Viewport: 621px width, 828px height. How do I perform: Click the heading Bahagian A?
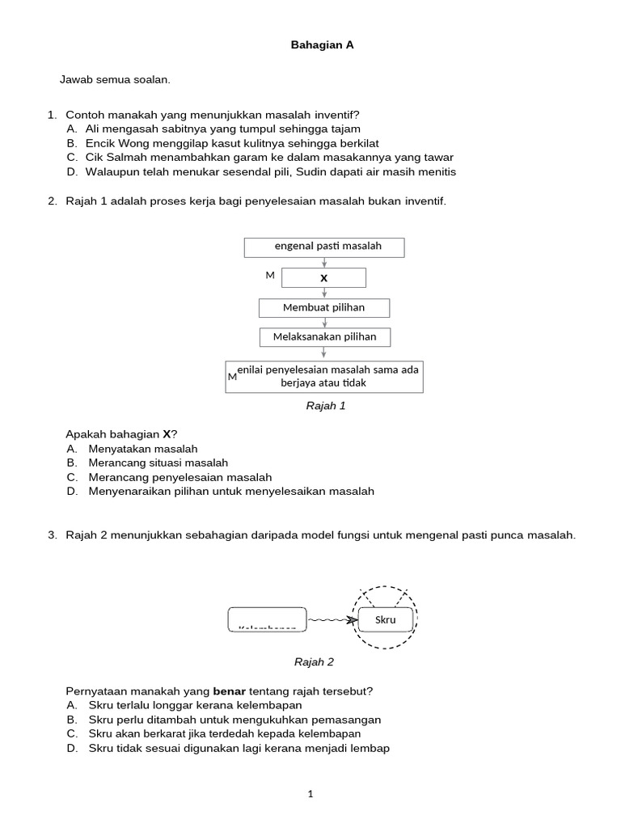(322, 46)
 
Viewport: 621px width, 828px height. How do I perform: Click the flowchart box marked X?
(324, 277)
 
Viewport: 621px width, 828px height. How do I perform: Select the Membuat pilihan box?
(324, 307)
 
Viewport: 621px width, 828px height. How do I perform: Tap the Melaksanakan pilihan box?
(324, 336)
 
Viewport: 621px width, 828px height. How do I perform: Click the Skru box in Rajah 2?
(387, 619)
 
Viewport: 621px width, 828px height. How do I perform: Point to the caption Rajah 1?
(325, 406)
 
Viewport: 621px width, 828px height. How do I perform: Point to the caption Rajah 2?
(314, 661)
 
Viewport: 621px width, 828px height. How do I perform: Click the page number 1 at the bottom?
(310, 794)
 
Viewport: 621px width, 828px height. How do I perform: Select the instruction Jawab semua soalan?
(115, 80)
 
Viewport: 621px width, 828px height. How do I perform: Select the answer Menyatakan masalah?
(143, 448)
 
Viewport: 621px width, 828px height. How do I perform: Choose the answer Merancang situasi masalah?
(158, 463)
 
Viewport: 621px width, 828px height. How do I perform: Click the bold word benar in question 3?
(227, 691)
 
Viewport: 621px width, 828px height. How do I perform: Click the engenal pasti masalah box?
(324, 246)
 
